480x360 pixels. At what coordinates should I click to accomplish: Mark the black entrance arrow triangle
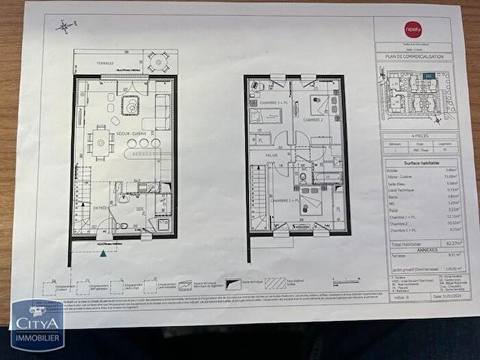[104, 253]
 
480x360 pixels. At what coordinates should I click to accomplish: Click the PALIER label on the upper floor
[272, 155]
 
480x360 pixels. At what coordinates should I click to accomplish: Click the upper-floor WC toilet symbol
[302, 176]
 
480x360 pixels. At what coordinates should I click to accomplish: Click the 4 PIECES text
[413, 136]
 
